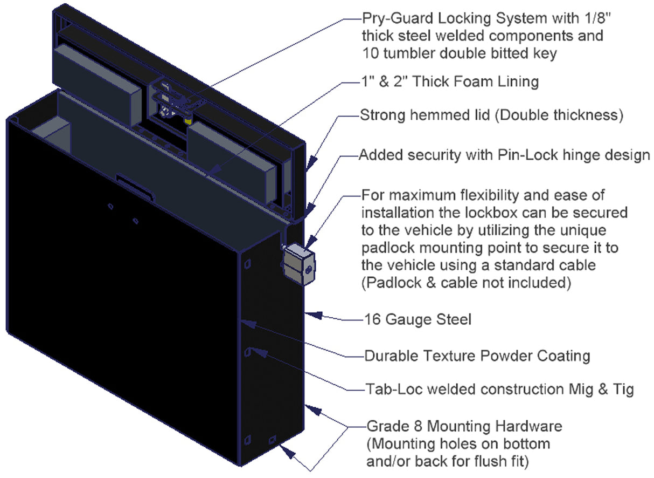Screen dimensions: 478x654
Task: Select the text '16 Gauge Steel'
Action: pyautogui.click(x=418, y=319)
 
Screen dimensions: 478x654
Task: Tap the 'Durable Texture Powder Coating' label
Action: pyautogui.click(x=477, y=356)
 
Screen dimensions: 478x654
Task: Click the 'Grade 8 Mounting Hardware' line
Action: pyautogui.click(x=464, y=426)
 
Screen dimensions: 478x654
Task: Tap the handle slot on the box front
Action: pyautogui.click(x=135, y=181)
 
